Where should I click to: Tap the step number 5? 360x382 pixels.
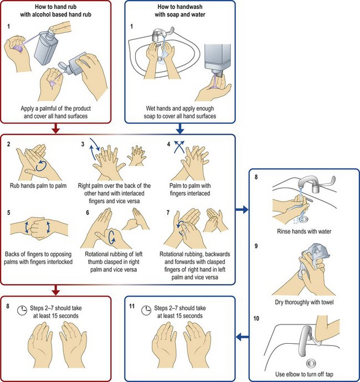(9, 213)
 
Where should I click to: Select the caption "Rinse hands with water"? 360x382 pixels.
(302, 231)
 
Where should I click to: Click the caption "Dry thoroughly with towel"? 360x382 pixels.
(302, 302)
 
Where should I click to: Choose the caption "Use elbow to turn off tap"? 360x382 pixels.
(302, 373)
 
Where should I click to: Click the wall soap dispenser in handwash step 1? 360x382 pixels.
(217, 58)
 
